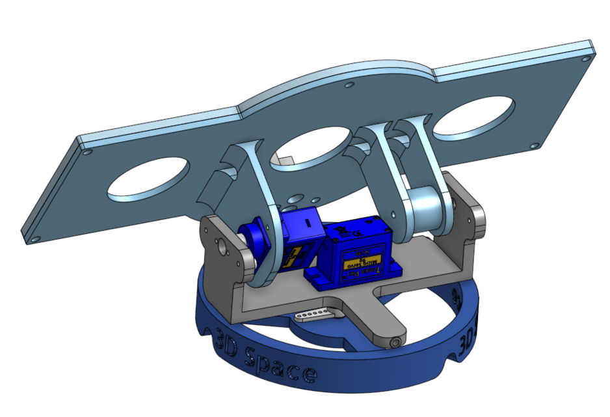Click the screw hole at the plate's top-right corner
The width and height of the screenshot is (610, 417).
[x=587, y=58]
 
